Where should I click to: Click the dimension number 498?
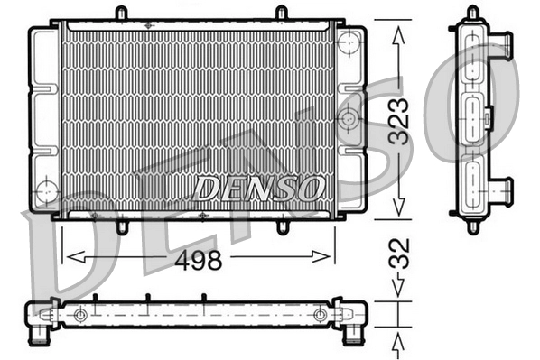click(x=198, y=261)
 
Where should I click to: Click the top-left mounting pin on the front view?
click(x=121, y=14)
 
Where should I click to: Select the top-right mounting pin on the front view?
click(x=281, y=14)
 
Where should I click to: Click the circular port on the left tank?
click(x=45, y=191)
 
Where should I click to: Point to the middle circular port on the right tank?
click(x=349, y=116)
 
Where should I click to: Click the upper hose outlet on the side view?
click(x=501, y=44)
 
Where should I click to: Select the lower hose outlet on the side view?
click(x=501, y=189)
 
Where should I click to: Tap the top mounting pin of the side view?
click(x=472, y=13)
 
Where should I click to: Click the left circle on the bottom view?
click(x=81, y=315)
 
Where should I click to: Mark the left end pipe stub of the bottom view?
click(x=40, y=335)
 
